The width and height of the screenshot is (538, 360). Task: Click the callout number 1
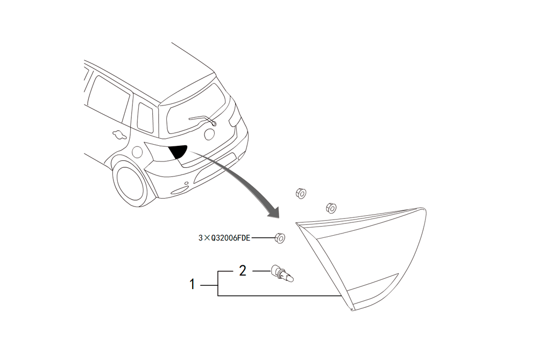(192, 284)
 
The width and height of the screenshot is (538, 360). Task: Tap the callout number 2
(243, 271)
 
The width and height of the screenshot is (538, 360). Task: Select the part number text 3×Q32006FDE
(224, 238)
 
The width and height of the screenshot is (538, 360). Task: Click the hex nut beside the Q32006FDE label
(280, 237)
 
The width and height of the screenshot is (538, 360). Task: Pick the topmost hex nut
(301, 194)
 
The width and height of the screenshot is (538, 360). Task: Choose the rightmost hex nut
(331, 208)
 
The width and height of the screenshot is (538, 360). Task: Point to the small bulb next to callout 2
(282, 273)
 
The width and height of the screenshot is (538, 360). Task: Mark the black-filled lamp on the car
(179, 151)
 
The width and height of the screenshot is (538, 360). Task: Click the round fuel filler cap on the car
(137, 151)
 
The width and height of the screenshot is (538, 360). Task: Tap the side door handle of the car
(119, 135)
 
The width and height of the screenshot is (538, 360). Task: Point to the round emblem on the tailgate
(209, 134)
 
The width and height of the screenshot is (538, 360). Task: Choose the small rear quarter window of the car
(145, 118)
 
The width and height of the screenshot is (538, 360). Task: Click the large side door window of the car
(109, 99)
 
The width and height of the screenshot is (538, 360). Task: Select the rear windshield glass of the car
(196, 109)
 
